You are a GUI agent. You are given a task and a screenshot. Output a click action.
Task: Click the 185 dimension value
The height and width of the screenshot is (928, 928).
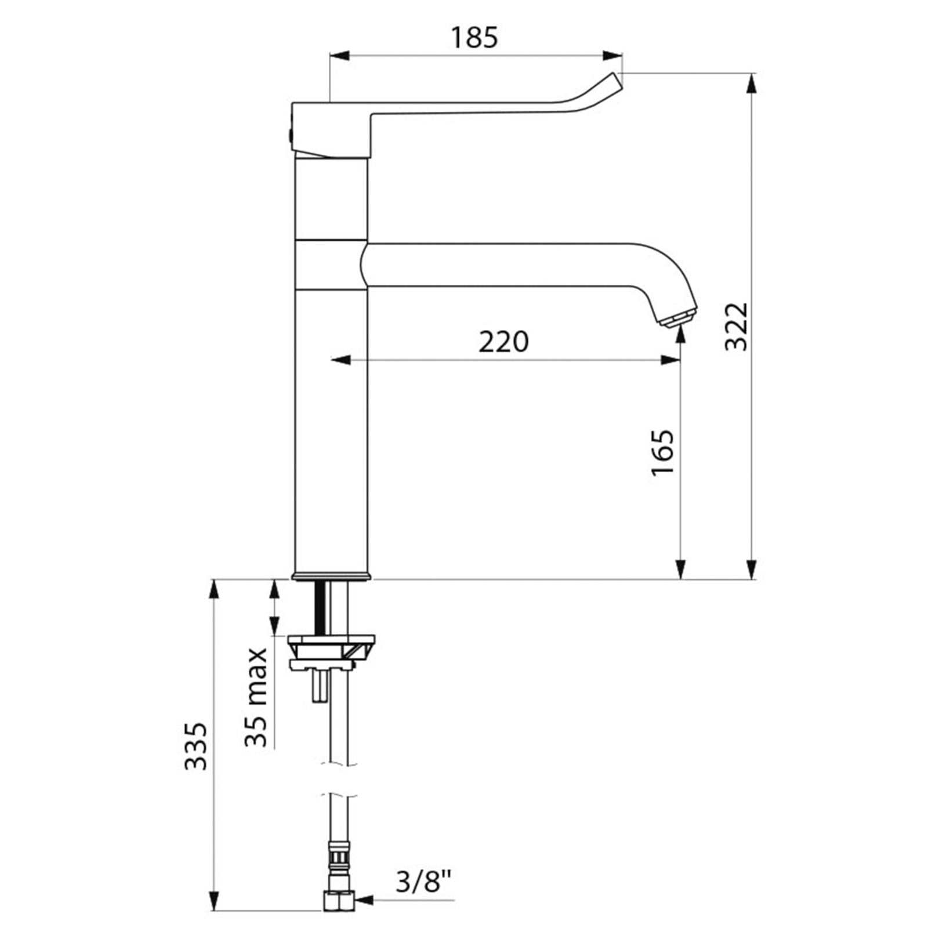click(474, 38)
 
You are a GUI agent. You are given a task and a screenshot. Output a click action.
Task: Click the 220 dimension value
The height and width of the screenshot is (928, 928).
click(503, 342)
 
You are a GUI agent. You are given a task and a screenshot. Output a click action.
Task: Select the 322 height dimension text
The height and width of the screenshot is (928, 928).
click(737, 327)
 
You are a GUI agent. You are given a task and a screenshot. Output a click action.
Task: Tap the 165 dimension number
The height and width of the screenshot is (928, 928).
click(662, 452)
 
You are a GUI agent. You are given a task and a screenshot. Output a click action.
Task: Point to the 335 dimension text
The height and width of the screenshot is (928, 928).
click(195, 746)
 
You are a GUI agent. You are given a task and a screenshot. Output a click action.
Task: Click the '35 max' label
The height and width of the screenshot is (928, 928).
click(256, 697)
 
